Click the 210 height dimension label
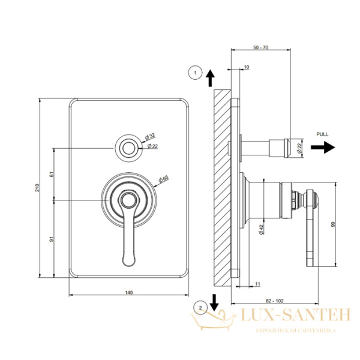point(37,188)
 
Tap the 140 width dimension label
point(129,293)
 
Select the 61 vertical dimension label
point(52,174)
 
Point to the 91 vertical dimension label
point(52,239)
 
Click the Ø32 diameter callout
point(150,136)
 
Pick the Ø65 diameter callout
point(163,179)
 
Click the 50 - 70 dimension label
point(260,47)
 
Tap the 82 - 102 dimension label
point(275,301)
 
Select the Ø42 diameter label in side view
point(261,229)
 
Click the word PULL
point(322,134)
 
